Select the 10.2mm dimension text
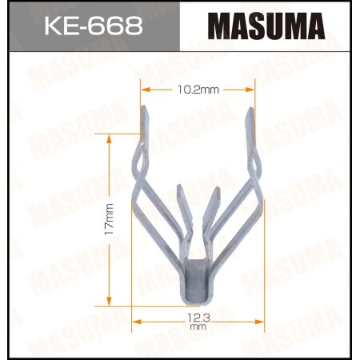tap(192, 90)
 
